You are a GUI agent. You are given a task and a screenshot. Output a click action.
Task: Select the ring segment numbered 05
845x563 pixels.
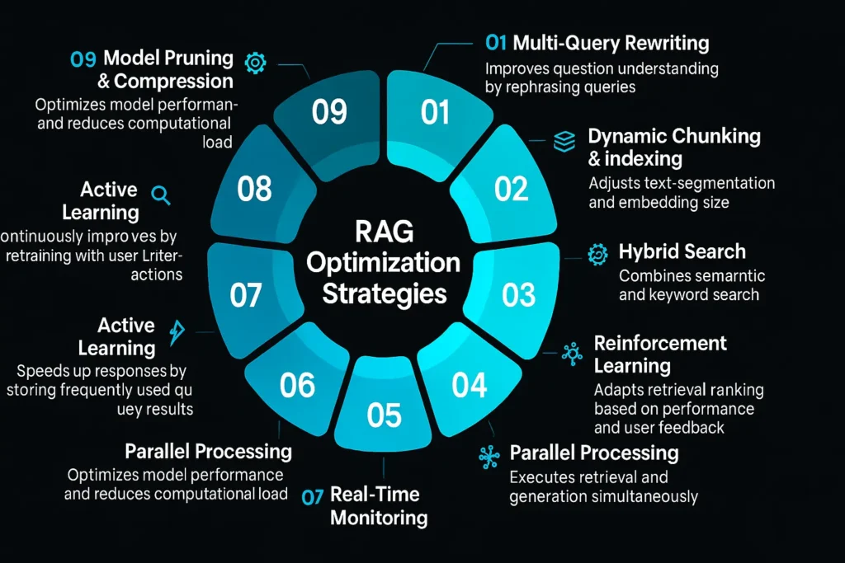[x=383, y=415]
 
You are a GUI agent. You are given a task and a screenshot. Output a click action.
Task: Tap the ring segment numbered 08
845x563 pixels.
[x=254, y=189]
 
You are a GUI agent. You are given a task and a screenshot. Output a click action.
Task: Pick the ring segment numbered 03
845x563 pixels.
[x=519, y=294]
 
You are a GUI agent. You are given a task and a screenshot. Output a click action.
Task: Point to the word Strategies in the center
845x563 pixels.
[x=384, y=293]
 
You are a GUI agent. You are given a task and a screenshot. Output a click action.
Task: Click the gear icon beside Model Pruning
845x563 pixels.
[x=257, y=62]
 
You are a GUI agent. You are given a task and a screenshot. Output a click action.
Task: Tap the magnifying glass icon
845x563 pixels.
[x=162, y=195]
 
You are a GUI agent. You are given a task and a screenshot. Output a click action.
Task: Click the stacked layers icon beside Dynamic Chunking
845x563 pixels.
[x=564, y=142]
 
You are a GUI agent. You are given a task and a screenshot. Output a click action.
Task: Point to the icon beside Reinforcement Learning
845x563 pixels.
[x=571, y=354]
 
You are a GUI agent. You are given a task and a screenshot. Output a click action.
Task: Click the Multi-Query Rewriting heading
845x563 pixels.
[x=611, y=42]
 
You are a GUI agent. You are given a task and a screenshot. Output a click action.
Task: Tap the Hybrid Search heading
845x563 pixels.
[x=682, y=252]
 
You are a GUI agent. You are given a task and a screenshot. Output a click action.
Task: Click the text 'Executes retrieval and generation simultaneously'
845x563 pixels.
[x=603, y=486]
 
